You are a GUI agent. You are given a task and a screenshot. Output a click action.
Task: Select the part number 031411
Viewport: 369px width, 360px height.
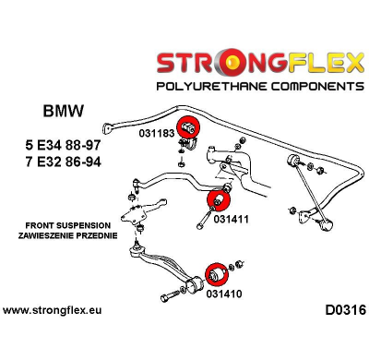coord(232,219)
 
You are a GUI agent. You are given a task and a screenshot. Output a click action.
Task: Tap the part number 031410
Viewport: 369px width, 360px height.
coord(225,294)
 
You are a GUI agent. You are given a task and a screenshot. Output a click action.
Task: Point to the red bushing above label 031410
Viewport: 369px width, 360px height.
coord(215,273)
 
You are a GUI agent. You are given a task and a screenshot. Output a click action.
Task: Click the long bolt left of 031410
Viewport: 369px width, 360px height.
coord(175,297)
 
